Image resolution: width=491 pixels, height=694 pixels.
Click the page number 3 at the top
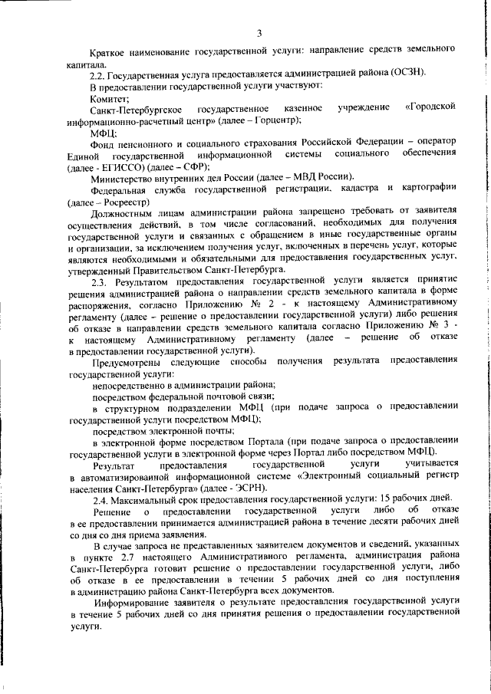click(x=259, y=32)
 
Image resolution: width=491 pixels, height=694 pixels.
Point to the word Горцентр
click(x=272, y=120)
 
